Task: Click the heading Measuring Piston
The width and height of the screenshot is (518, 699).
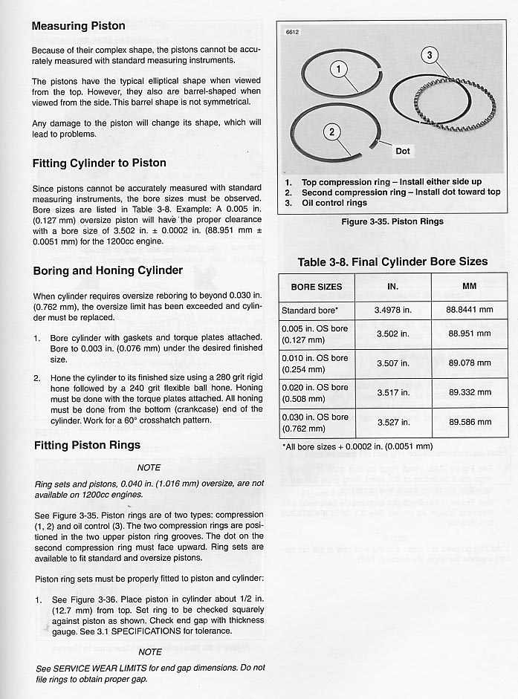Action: (x=78, y=26)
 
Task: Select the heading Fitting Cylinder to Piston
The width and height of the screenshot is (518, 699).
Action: (x=99, y=163)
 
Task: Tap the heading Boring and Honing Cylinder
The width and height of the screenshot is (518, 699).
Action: (x=108, y=270)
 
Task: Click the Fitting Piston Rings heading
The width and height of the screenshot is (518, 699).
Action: (x=87, y=446)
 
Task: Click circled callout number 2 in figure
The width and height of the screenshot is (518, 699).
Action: (x=332, y=132)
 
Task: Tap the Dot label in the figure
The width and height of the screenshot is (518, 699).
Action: (x=402, y=151)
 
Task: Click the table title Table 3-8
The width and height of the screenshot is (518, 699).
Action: (x=392, y=261)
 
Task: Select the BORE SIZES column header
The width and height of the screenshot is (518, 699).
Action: (x=317, y=287)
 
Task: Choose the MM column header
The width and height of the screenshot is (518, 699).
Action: (x=469, y=286)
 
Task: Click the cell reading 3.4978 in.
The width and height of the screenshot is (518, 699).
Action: (x=393, y=310)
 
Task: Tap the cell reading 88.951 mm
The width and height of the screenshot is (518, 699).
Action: (x=469, y=334)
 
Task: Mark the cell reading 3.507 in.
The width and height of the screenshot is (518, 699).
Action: (x=393, y=363)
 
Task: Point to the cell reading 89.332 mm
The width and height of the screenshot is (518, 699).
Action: (x=469, y=392)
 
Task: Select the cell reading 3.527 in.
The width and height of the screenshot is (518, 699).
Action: (x=393, y=422)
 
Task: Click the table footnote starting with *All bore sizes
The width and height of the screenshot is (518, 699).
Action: (x=357, y=446)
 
